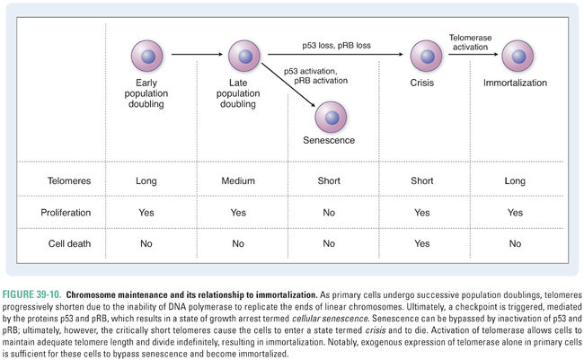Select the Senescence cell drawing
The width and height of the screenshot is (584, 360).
click(331, 117)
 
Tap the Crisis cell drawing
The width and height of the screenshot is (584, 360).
click(426, 56)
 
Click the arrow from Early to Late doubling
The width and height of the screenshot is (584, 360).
click(196, 56)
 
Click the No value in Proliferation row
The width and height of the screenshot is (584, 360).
click(331, 213)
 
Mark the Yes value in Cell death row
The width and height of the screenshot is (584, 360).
click(426, 243)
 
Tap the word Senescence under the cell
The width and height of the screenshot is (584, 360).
click(331, 141)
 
